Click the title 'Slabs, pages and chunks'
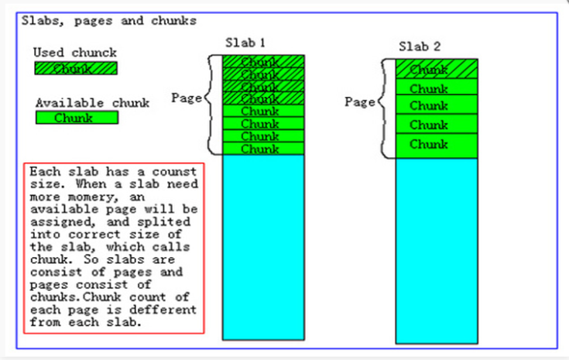108,21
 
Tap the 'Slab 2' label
420,46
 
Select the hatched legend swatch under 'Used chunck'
76,68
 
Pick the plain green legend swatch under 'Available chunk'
76,118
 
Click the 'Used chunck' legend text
75,53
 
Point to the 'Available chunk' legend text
92,102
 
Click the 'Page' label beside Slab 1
187,98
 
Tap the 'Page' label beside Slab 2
360,101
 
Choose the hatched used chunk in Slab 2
437,70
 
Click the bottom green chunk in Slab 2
437,145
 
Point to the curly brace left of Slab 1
210,105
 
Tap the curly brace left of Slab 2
384,108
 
